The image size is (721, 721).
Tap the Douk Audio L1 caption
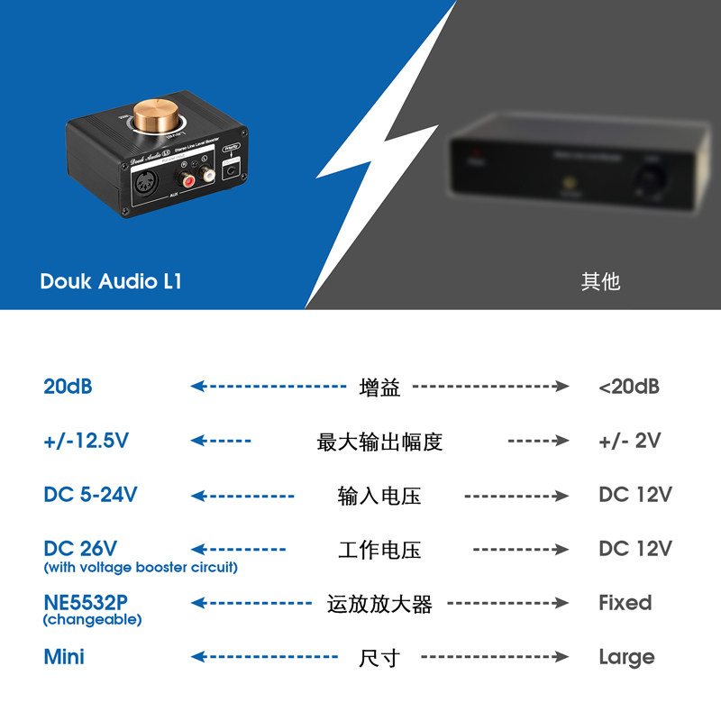[111, 281]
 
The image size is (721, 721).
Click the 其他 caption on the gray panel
[600, 281]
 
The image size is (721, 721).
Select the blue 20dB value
[68, 387]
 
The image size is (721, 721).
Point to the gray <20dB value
[629, 387]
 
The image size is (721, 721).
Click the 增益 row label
[379, 388]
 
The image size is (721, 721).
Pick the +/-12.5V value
[87, 441]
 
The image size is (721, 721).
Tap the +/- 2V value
[630, 441]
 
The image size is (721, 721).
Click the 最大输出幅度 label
[379, 442]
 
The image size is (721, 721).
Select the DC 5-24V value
[90, 495]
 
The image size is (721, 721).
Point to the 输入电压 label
[379, 496]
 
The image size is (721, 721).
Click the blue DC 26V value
[81, 548]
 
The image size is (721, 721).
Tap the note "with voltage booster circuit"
[141, 568]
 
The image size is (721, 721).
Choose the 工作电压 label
[379, 550]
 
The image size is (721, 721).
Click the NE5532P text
[91, 602]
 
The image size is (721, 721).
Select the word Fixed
[625, 603]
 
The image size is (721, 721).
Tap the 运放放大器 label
[379, 604]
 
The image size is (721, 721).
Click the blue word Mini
[64, 657]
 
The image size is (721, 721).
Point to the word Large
[626, 657]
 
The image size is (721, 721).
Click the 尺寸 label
[379, 658]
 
